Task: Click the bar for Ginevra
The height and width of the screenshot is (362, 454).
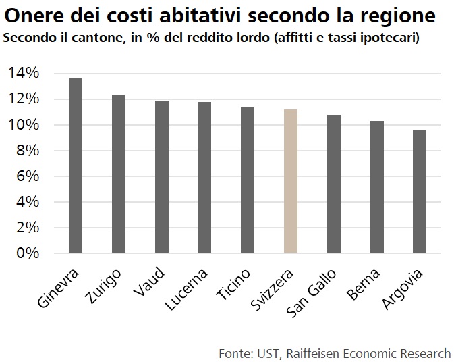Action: click(x=76, y=166)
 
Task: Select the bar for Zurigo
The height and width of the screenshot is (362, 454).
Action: click(x=119, y=174)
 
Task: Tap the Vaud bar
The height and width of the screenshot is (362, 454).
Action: click(x=162, y=178)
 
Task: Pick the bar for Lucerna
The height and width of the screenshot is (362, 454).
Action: click(x=204, y=178)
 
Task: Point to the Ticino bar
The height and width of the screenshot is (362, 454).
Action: click(x=248, y=180)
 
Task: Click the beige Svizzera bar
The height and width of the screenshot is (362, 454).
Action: click(x=291, y=182)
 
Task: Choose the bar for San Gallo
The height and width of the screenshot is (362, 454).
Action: click(x=333, y=184)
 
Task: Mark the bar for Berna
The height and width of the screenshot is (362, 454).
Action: click(x=376, y=187)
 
